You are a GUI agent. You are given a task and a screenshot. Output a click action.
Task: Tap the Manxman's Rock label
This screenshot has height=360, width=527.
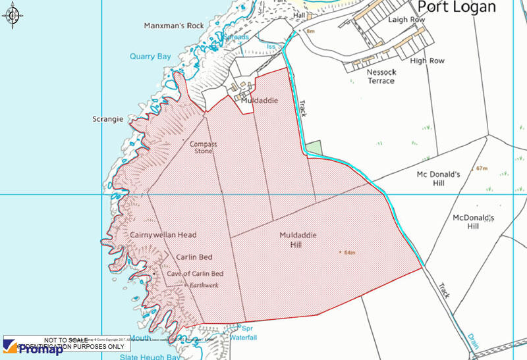pyautogui.click(x=174, y=26)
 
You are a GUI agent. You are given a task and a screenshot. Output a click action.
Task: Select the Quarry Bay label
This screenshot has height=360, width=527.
pyautogui.click(x=150, y=57)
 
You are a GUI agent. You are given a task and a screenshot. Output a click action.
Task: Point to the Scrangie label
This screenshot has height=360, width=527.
pyautogui.click(x=108, y=119)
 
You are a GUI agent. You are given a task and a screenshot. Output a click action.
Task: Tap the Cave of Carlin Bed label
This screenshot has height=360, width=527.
pyautogui.click(x=195, y=274)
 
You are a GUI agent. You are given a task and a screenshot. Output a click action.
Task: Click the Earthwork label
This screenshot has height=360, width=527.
pyautogui.click(x=203, y=285)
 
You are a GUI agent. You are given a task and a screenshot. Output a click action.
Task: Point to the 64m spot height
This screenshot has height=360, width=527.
pyautogui.click(x=348, y=253)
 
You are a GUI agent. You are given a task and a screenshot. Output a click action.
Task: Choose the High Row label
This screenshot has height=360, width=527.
pyautogui.click(x=427, y=61)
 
